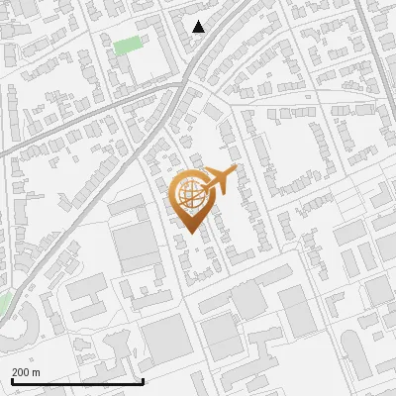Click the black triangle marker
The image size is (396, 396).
tap(199, 27)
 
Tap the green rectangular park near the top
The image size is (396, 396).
tap(126, 45)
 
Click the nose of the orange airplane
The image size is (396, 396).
tap(236, 172)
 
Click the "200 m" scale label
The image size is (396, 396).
tap(26, 371)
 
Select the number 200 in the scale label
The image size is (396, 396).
tap(21, 371)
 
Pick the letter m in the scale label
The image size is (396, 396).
tap(37, 371)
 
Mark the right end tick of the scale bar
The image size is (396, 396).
tap(144, 379)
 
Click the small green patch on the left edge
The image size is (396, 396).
tap(3, 300)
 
